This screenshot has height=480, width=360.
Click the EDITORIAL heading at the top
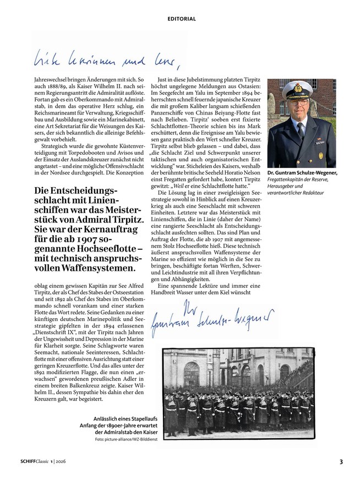pyautogui.click(x=182, y=19)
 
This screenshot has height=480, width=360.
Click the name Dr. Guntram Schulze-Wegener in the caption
pyautogui.click(x=302, y=173)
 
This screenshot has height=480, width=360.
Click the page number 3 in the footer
pyautogui.click(x=341, y=461)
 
